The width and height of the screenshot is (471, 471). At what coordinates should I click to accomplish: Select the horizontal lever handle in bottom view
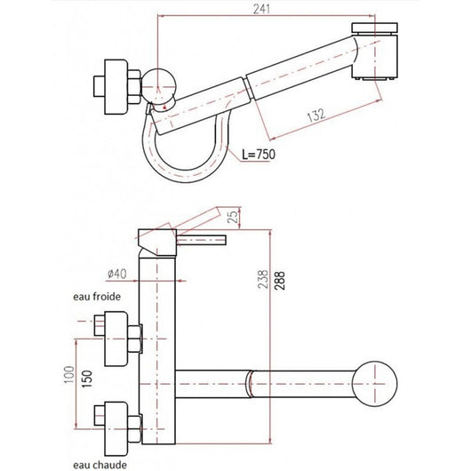pyautogui.click(x=203, y=240)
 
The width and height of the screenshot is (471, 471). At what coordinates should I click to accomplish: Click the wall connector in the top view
pyautogui.click(x=116, y=87)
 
